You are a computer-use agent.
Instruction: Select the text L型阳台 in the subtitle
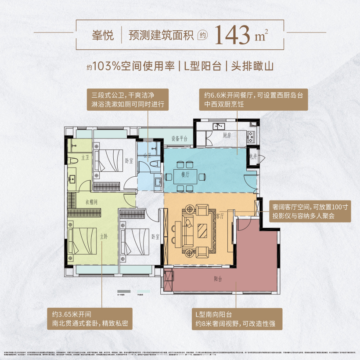click(x=202, y=67)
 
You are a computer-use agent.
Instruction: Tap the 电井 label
click(x=252, y=157)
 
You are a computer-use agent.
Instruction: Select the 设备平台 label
click(x=179, y=139)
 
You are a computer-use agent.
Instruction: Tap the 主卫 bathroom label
click(x=85, y=157)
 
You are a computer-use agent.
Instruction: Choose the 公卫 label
click(x=148, y=156)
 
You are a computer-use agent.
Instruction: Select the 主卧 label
click(x=104, y=236)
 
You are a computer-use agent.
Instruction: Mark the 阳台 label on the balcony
click(x=218, y=278)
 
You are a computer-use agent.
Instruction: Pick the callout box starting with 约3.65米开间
click(x=90, y=319)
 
